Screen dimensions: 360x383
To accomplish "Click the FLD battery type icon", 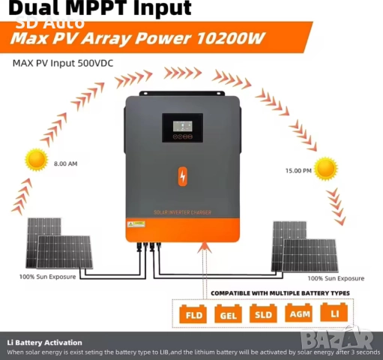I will coord(190,313).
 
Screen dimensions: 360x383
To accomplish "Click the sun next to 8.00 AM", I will coord(36,160).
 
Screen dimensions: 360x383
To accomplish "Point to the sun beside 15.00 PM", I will coord(325,168).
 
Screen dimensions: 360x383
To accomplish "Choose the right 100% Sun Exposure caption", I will coord(330,277).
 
